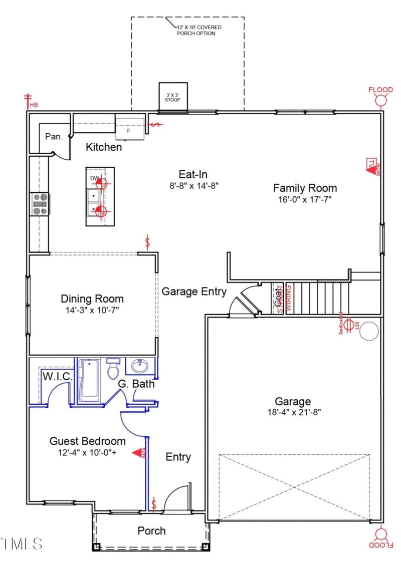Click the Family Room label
point(305,188)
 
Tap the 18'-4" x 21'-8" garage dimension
point(293,412)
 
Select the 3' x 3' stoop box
point(173,96)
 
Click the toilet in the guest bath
point(113,369)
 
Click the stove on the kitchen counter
point(40,204)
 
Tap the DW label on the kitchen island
point(94,178)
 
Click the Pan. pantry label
point(54,136)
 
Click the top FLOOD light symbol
point(381,97)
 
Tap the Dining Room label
point(92,299)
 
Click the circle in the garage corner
point(369,331)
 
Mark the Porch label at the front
point(151,530)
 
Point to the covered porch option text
point(199,30)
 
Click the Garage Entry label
point(194,292)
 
